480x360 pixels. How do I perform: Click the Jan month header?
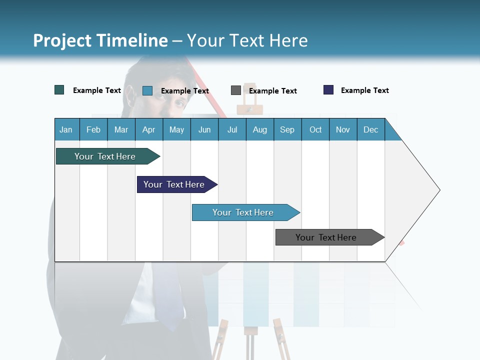[66, 129]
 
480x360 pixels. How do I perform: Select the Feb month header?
[93, 129]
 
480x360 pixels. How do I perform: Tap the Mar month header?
[121, 129]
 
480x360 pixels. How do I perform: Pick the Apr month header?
[149, 129]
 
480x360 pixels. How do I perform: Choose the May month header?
[176, 129]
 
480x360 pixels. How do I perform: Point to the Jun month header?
[204, 129]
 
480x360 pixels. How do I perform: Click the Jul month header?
[232, 129]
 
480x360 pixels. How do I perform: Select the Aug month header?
[260, 129]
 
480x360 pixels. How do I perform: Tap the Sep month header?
[287, 129]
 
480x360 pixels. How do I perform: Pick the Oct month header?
[315, 129]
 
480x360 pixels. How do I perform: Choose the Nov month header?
[343, 129]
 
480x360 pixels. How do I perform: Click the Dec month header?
[371, 129]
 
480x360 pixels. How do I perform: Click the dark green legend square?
[59, 90]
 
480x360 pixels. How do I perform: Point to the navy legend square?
[328, 90]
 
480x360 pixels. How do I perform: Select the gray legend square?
[236, 90]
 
